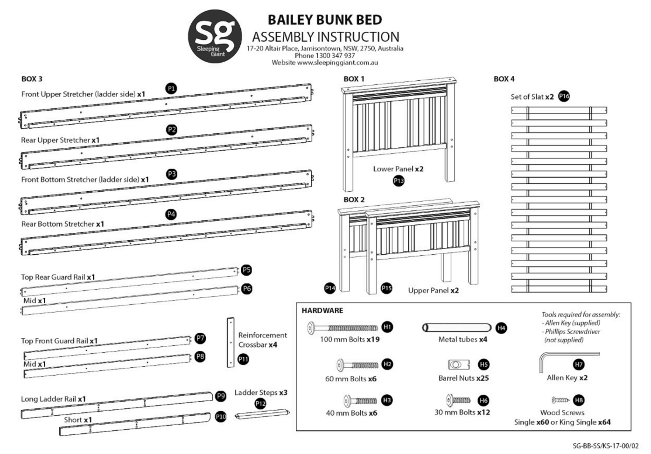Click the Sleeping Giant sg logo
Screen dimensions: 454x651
pos(215,36)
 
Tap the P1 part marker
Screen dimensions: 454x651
pos(171,88)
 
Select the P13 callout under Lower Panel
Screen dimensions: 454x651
pos(399,181)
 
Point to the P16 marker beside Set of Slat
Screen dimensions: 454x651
pos(564,96)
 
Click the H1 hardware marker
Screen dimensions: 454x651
pos(387,327)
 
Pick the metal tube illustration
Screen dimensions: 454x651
pos(456,328)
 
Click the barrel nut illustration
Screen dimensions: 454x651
pos(458,364)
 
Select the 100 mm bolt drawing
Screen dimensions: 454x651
pos(343,328)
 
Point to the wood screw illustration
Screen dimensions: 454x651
pos(560,400)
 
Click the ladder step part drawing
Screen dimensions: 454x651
pos(262,414)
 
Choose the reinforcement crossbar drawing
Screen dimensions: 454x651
pos(231,342)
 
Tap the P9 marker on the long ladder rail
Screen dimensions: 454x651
pos(221,396)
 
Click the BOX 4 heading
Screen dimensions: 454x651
pos(504,79)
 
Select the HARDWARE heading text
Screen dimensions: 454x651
pos(322,310)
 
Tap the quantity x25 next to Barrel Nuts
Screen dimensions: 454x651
pos(483,378)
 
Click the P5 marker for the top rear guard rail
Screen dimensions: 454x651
pos(246,270)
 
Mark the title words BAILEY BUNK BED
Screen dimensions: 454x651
pos(325,20)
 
